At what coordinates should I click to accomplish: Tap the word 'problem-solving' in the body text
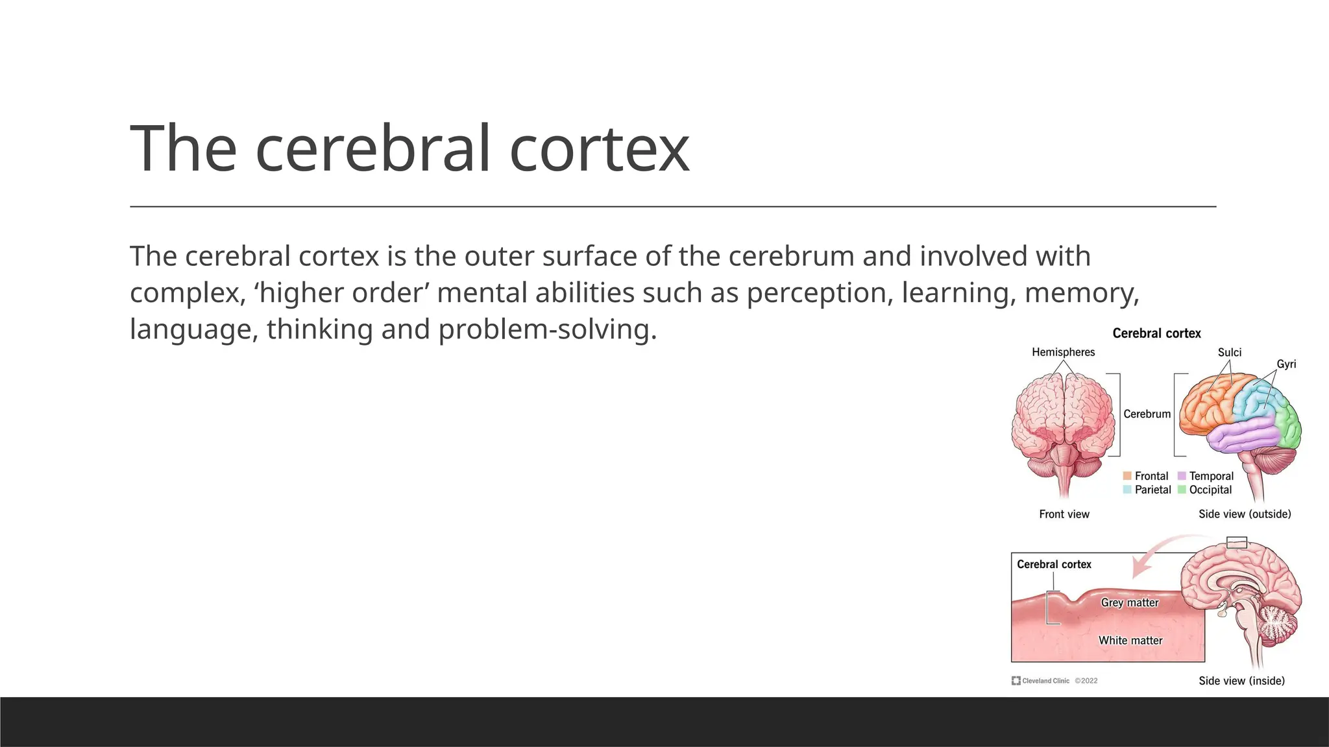[x=547, y=329]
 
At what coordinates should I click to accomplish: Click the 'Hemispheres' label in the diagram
[x=1063, y=352]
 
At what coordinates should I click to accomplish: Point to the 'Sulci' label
[x=1229, y=352]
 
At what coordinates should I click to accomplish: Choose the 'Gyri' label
[x=1286, y=364]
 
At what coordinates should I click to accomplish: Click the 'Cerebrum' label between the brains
[x=1147, y=414]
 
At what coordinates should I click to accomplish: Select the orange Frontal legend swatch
[x=1127, y=476]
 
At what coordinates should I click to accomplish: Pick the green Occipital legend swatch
[x=1182, y=490]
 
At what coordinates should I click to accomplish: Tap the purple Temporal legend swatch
[x=1182, y=476]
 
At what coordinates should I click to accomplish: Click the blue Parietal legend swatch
[x=1127, y=490]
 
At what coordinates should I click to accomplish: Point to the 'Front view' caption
[x=1064, y=514]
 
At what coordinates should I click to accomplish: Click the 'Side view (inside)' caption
[x=1241, y=681]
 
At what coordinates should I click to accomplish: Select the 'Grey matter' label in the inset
[x=1130, y=602]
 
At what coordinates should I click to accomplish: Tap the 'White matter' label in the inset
[x=1130, y=641]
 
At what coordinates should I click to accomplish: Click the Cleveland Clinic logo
[x=1016, y=681]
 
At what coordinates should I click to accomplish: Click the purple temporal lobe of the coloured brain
[x=1243, y=434]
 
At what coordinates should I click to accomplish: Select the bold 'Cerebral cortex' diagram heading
[x=1156, y=333]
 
